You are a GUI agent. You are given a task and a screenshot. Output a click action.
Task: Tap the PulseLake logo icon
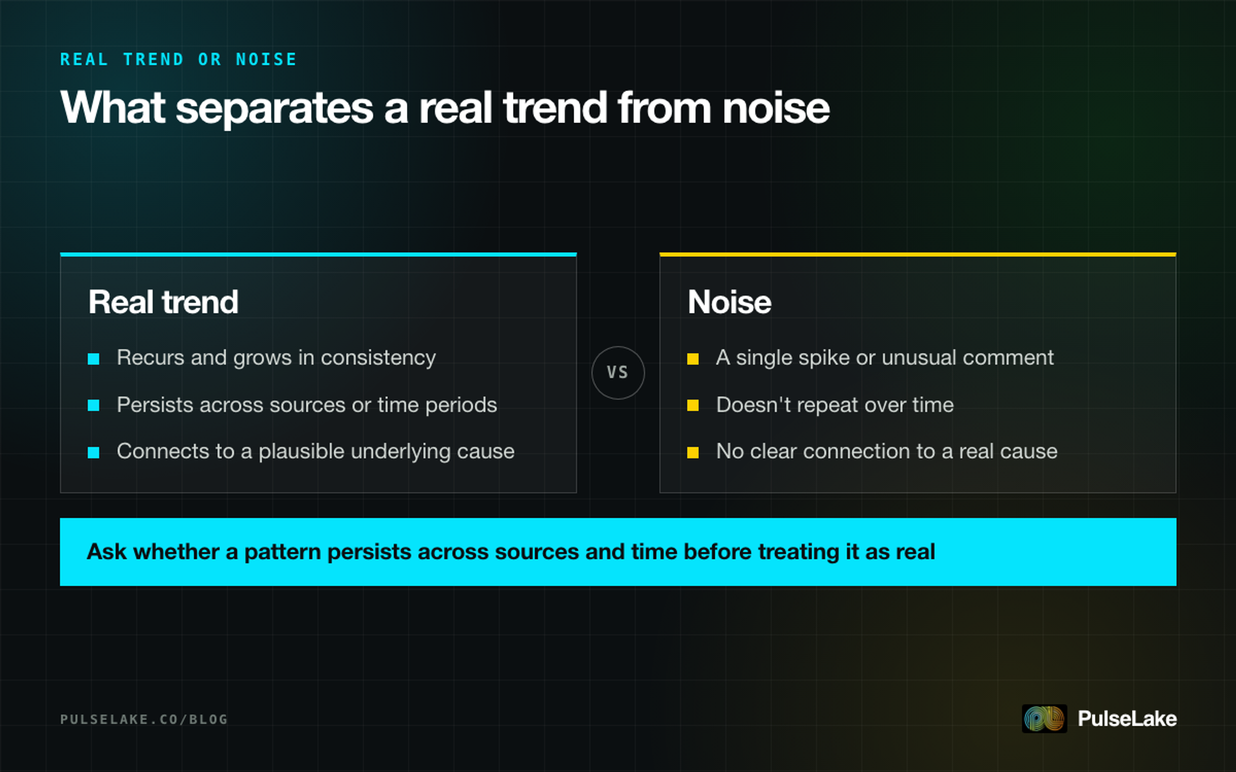tap(1044, 718)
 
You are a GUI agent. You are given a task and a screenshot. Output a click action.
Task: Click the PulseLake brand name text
tap(1127, 718)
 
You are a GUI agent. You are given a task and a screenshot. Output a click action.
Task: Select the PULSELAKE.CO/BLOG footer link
tap(144, 719)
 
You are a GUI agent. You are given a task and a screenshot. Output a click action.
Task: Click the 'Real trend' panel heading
tap(163, 302)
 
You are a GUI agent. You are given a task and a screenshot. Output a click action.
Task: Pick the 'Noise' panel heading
tap(729, 302)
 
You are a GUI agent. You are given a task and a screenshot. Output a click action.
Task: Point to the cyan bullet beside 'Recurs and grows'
tap(94, 359)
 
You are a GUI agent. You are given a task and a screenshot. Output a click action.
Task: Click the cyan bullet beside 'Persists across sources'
tap(94, 406)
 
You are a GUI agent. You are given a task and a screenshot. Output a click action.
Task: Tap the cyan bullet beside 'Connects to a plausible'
tap(94, 452)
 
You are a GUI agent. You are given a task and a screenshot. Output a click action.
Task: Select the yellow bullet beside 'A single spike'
tap(693, 359)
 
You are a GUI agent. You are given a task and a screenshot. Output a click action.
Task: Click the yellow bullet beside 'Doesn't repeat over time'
tap(693, 406)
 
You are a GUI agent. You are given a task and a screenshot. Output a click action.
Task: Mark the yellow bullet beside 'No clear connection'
tap(693, 452)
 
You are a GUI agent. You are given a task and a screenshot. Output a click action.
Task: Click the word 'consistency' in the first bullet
tap(379, 358)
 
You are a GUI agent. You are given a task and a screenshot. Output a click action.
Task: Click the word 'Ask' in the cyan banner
tap(107, 552)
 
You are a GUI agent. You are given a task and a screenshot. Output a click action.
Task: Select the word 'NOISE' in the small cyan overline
tap(266, 60)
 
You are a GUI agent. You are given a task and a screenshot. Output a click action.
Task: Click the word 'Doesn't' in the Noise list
tap(753, 405)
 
